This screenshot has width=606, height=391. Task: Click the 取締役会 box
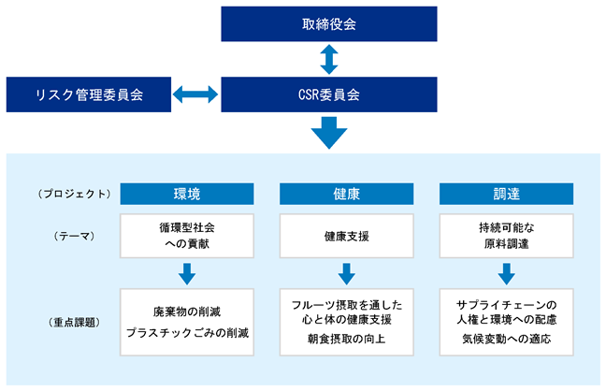(329, 24)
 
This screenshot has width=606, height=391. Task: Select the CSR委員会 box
(329, 94)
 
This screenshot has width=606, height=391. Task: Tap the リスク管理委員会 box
(89, 94)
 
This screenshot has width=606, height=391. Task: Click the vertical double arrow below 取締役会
(329, 59)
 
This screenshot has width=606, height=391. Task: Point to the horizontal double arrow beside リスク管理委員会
(195, 94)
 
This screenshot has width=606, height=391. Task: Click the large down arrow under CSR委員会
(329, 133)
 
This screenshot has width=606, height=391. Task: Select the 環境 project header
(187, 194)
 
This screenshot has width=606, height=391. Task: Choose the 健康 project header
(347, 194)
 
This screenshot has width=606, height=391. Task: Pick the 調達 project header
(506, 194)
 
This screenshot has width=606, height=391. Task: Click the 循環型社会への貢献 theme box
(187, 236)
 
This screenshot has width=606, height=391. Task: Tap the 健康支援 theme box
(347, 236)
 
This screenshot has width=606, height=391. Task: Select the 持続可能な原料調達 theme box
(506, 236)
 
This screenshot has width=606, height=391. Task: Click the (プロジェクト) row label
(74, 194)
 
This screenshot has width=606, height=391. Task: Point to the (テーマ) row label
(74, 236)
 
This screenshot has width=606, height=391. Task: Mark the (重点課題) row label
(74, 322)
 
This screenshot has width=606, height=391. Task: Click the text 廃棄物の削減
(187, 311)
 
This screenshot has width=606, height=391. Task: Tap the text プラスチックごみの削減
(187, 333)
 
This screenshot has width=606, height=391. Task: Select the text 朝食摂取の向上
(347, 339)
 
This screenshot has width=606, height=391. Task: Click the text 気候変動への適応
(506, 339)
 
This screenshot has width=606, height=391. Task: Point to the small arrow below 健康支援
(347, 274)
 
